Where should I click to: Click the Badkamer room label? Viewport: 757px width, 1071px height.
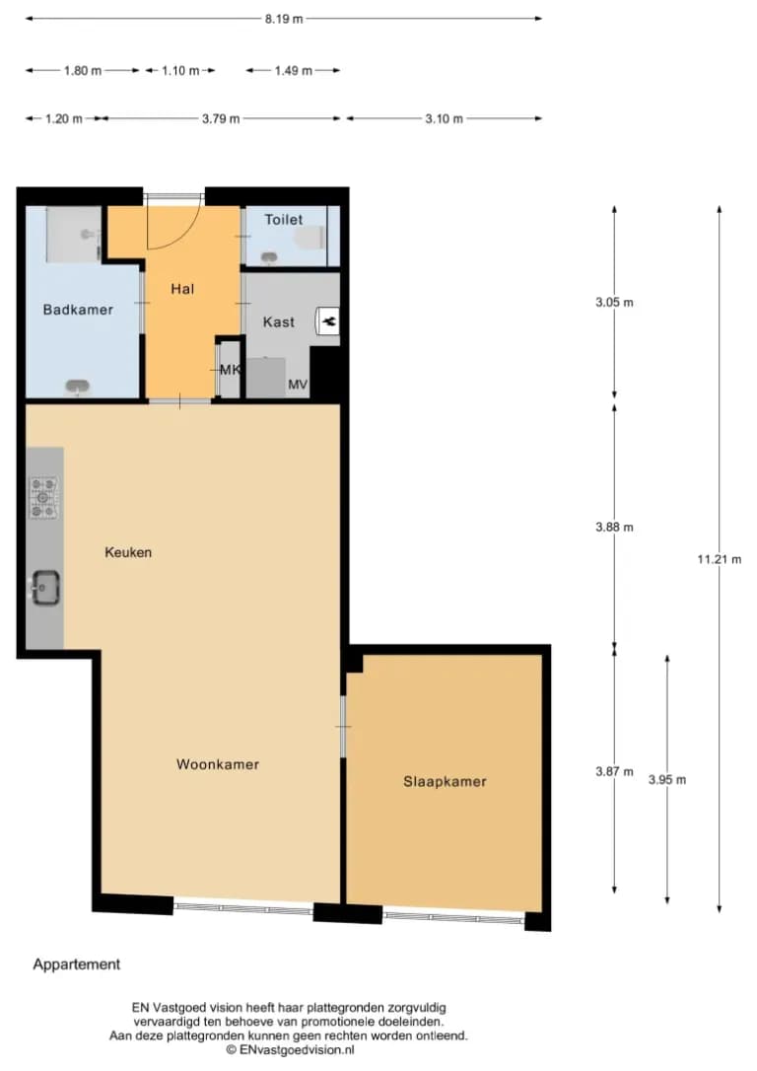78,310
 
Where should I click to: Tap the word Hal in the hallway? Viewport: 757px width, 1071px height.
182,289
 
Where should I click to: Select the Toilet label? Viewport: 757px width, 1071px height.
283,219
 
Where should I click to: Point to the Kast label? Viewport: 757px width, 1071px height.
279,321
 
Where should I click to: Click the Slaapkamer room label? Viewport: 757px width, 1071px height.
445,781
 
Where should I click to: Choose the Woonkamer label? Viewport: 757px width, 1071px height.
218,764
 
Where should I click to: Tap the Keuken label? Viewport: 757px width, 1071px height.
128,552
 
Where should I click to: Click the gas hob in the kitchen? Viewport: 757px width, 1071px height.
43,497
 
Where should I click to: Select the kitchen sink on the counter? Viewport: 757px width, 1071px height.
44,588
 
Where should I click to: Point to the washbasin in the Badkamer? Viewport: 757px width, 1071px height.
77,388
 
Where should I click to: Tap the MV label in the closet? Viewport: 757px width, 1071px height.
298,385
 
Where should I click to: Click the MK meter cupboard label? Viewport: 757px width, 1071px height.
230,370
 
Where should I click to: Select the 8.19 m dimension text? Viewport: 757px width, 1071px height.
284,19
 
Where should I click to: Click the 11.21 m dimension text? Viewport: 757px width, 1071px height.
719,559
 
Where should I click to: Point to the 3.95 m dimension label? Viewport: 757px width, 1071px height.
667,779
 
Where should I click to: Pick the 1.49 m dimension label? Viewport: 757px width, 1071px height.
294,70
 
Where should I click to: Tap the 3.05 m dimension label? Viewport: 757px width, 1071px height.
614,302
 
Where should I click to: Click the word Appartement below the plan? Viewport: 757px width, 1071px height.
77,964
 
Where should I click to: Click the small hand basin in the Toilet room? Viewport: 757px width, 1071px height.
270,257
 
